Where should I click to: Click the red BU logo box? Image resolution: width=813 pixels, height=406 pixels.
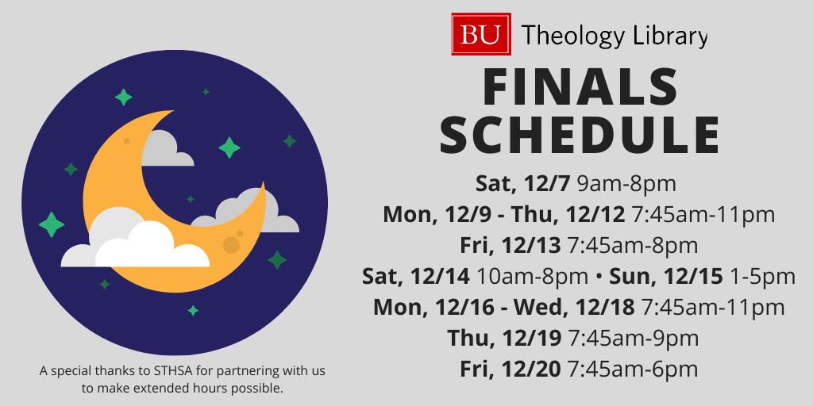coord(481,34)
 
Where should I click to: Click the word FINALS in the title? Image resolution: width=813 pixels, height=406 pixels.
coord(580,87)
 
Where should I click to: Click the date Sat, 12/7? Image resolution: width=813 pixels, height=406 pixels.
coord(523,184)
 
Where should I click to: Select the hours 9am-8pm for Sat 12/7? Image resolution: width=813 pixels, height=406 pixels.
coord(626,184)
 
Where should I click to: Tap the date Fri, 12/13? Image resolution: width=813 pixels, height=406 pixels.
coord(511,246)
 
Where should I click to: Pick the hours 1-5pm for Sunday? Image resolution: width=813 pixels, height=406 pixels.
coord(762,277)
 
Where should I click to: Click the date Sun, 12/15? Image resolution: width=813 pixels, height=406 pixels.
coord(666,277)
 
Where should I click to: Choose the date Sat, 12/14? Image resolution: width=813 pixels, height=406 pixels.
coord(416,277)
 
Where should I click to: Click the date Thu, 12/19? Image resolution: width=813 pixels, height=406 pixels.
coord(504,339)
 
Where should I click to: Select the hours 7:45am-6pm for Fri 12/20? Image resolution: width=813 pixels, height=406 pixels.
coord(632,370)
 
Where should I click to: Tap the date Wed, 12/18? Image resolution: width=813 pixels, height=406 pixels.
coord(574,308)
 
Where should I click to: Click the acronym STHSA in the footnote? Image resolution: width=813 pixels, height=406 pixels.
coord(170,371)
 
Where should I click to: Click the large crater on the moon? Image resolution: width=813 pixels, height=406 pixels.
coord(231,245)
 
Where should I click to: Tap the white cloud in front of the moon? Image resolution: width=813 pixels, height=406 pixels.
coord(135,243)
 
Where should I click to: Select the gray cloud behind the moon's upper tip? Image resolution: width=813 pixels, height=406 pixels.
coord(165,148)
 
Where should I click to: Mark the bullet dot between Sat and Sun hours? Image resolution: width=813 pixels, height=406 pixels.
coord(599,278)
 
